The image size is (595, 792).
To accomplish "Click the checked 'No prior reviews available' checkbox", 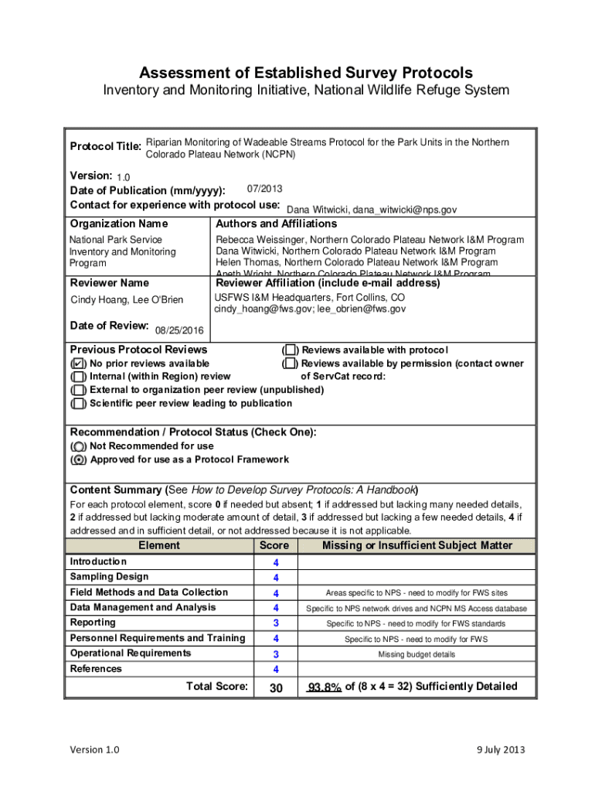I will pos(78,364).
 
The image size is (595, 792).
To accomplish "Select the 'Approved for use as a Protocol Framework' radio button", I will pos(78,460).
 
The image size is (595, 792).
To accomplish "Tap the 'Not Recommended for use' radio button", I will pos(78,447).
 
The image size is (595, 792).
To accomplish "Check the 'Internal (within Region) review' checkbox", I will pos(78,377).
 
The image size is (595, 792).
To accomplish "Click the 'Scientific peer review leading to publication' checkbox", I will pos(78,404).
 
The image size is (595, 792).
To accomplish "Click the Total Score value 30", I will pos(275,687).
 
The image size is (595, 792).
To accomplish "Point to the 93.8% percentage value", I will pos(325,687).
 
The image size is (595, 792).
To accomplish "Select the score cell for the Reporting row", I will pos(275,623).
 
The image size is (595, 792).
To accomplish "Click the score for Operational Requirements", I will pos(275,654).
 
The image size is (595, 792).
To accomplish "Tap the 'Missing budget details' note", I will pos(416,654).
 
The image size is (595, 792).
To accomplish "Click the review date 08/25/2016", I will pos(179,331).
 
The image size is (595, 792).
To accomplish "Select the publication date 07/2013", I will pos(259,189).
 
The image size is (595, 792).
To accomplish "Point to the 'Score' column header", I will pos(274,546).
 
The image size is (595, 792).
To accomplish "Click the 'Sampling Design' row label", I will pos(109,577).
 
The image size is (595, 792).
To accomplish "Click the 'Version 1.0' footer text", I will pos(94,749).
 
